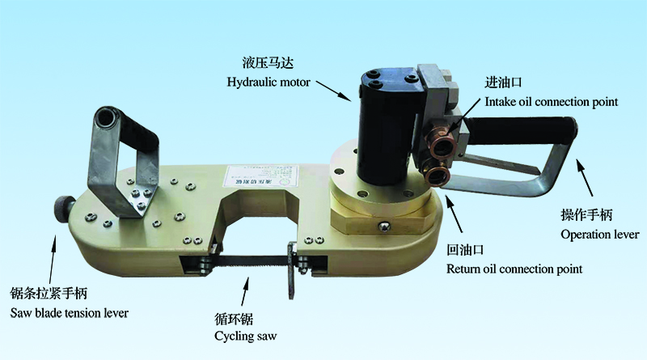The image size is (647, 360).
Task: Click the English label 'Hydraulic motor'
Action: [269, 82]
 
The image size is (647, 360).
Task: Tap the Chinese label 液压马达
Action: [268, 63]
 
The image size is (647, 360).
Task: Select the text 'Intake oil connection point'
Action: [552, 102]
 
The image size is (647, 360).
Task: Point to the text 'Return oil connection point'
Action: [514, 269]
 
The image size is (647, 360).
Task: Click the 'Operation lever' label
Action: [599, 235]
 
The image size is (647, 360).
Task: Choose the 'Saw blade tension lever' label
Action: [69, 313]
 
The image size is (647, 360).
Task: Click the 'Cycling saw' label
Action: [246, 337]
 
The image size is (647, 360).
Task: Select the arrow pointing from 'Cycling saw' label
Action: [246, 291]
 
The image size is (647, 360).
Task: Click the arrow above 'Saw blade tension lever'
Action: [53, 259]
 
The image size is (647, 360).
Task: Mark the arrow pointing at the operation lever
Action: [584, 177]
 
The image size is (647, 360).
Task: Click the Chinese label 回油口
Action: [465, 250]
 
